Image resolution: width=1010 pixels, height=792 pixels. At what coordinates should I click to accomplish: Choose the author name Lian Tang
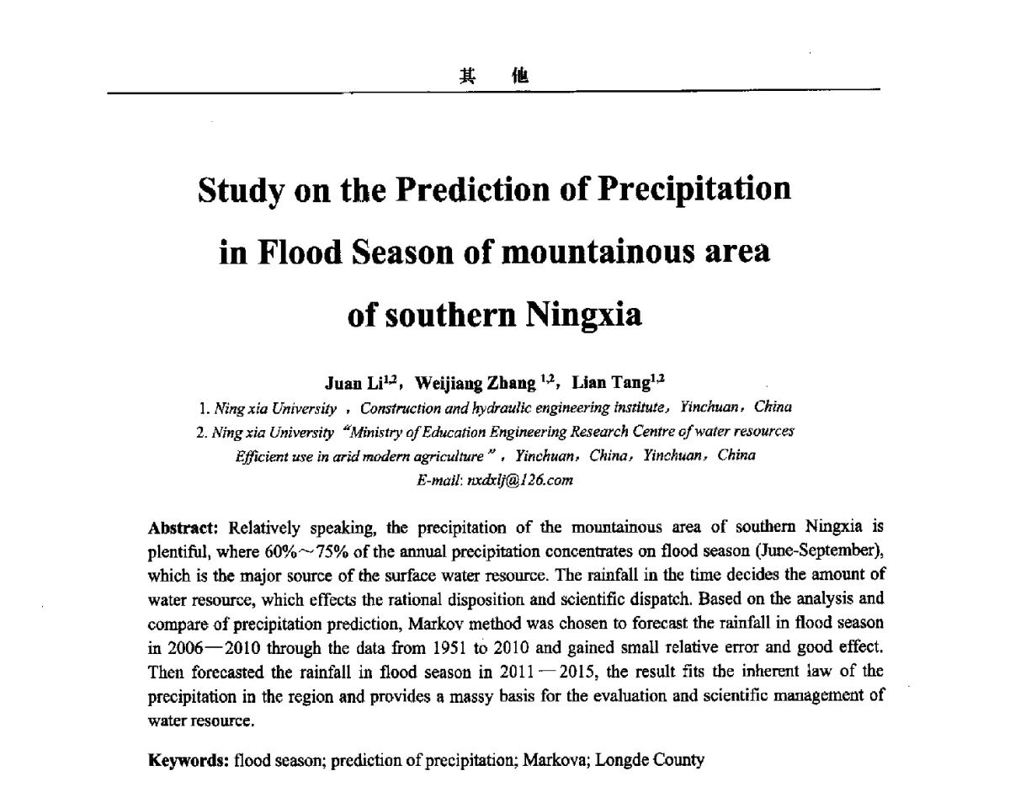(x=611, y=384)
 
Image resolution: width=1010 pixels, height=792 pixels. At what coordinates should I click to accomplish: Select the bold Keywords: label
(x=189, y=761)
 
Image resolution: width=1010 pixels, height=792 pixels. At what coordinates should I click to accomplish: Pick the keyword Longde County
(x=649, y=761)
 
